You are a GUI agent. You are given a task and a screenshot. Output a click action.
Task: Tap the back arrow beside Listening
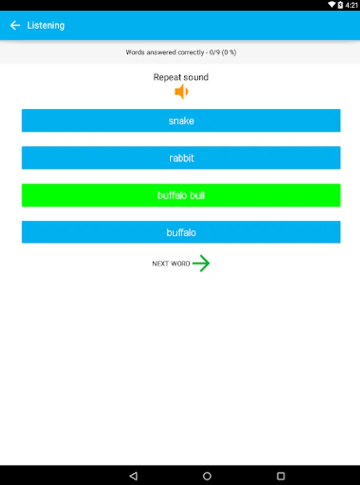tap(15, 25)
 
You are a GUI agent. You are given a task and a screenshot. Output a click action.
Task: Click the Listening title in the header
tap(46, 25)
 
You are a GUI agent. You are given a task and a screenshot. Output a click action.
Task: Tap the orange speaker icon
tap(181, 92)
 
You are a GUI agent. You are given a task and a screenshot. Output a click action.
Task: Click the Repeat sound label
tap(181, 77)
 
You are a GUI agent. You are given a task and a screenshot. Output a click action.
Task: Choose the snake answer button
tap(181, 121)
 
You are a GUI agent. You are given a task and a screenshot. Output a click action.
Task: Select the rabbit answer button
tap(181, 158)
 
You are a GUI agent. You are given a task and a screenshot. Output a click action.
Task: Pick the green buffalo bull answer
tap(181, 195)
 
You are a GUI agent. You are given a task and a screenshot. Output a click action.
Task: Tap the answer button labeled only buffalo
tap(181, 232)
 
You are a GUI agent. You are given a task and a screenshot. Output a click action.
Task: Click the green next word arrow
tap(201, 264)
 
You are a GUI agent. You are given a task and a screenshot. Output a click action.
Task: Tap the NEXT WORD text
tap(171, 264)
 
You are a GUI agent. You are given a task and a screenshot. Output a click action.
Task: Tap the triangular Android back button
tap(134, 476)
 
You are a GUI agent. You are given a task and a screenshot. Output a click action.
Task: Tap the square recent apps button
tap(280, 476)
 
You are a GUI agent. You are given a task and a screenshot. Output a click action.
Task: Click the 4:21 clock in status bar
tap(352, 5)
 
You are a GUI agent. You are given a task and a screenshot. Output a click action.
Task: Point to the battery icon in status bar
tap(340, 5)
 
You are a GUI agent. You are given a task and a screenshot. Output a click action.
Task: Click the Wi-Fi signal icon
tap(331, 5)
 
